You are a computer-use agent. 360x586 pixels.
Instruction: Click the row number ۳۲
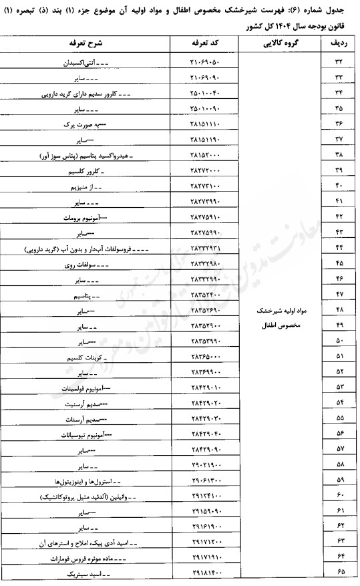[337, 62]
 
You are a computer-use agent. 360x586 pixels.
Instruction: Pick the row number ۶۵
[337, 573]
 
